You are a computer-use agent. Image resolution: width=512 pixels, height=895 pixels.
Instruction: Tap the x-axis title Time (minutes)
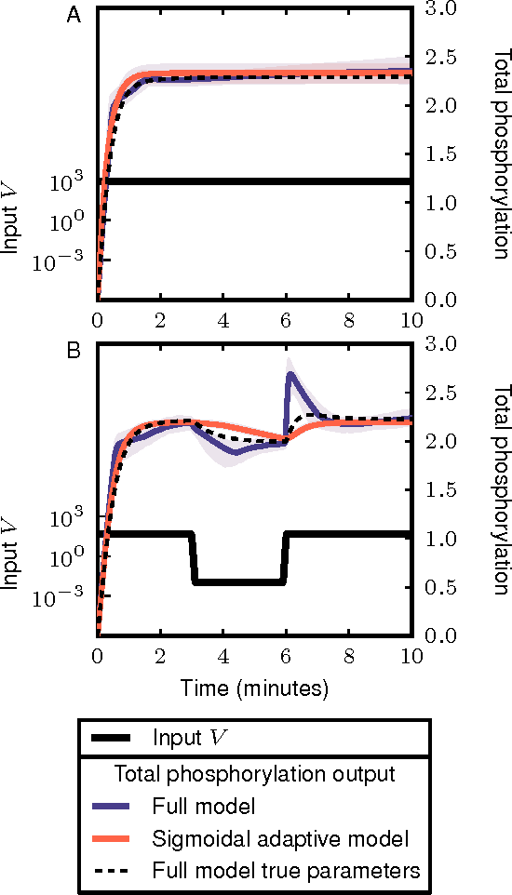(254, 689)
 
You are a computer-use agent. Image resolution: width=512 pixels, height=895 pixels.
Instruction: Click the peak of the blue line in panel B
(291, 374)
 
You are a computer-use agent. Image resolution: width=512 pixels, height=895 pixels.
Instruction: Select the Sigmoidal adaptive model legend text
(279, 838)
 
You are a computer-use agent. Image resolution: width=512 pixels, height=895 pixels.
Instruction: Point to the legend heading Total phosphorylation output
(254, 774)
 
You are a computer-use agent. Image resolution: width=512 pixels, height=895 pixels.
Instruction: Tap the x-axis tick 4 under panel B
(223, 654)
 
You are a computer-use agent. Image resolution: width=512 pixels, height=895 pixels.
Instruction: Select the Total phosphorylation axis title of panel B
(500, 489)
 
